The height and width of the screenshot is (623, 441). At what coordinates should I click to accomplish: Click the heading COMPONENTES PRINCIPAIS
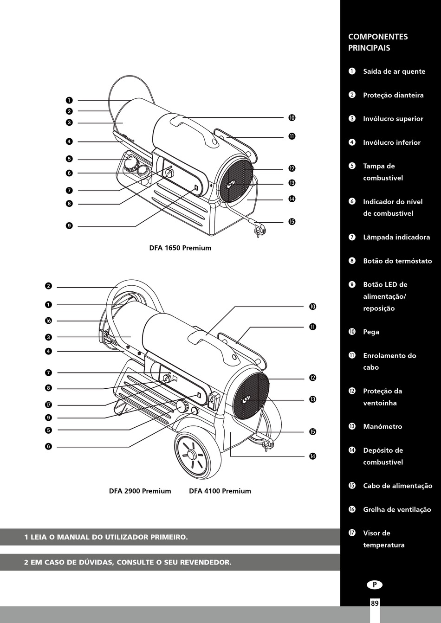[378, 42]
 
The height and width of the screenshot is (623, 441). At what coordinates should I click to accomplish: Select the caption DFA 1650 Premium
[180, 248]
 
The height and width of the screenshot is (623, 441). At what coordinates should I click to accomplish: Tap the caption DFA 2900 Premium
[140, 491]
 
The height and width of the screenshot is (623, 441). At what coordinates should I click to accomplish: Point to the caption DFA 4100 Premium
[220, 491]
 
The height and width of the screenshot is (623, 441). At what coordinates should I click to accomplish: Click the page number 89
[375, 603]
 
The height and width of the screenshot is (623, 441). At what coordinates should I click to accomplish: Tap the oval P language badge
[375, 585]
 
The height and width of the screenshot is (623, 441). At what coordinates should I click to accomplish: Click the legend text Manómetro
[383, 427]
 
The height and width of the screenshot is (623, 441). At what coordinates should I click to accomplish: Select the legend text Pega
[371, 332]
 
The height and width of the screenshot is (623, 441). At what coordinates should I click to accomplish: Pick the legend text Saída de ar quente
[394, 71]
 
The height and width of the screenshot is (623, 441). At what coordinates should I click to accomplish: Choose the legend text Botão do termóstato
[397, 261]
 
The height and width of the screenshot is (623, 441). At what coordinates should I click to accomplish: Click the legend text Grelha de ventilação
[397, 510]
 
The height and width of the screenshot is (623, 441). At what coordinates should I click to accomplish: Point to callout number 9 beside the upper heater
[69, 226]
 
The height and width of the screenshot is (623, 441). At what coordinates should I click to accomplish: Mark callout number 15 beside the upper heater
[292, 222]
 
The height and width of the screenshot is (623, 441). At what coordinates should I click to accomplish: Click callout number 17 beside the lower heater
[48, 405]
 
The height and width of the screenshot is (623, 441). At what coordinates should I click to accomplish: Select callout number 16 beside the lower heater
[48, 321]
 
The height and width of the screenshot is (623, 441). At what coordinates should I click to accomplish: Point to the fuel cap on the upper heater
[131, 164]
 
